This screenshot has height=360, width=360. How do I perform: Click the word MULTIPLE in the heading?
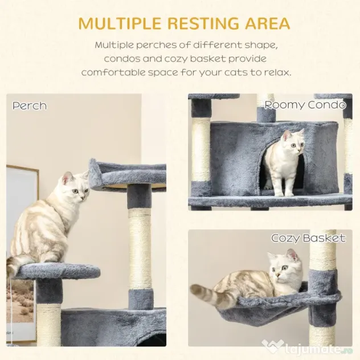coord(120,23)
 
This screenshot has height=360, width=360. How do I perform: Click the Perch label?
coord(30,106)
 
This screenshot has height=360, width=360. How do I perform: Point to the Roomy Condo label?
coord(305,105)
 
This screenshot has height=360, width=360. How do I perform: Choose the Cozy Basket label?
coord(308,238)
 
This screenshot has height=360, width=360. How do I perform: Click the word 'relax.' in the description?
coord(277,72)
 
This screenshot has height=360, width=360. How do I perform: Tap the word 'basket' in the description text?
coord(208,59)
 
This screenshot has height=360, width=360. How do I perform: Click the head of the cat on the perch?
coord(76,186)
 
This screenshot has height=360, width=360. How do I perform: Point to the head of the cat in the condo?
coord(294,142)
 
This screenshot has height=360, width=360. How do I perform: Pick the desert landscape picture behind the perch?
coord(20,301)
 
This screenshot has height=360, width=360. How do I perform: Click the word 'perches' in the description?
coord(157,45)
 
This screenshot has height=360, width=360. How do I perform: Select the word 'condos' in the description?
coord(122,59)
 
